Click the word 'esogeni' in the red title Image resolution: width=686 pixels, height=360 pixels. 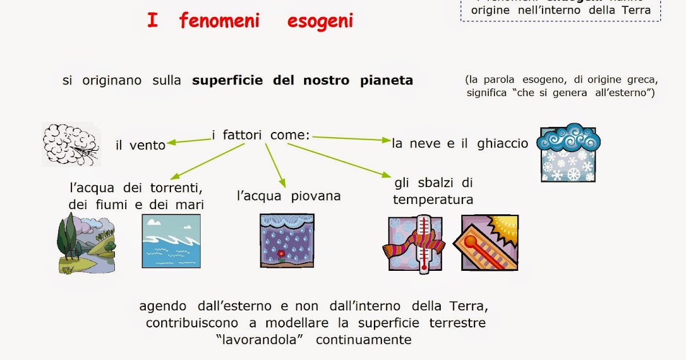click(x=320, y=21)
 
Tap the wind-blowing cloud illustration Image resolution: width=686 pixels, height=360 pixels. click(x=70, y=144)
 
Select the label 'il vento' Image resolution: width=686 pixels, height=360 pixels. click(x=140, y=145)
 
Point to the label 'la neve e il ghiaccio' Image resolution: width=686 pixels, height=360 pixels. click(x=460, y=143)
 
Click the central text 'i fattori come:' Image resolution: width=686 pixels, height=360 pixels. click(x=261, y=135)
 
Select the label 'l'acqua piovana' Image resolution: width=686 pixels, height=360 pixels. click(x=289, y=196)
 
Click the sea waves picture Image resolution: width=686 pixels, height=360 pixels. click(x=171, y=241)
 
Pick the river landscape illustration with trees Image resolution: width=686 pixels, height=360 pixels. click(x=86, y=243)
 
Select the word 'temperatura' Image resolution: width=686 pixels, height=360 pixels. click(x=433, y=199)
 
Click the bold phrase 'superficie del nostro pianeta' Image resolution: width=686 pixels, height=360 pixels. click(x=302, y=81)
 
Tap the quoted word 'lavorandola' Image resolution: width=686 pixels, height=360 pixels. click(x=262, y=339)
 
